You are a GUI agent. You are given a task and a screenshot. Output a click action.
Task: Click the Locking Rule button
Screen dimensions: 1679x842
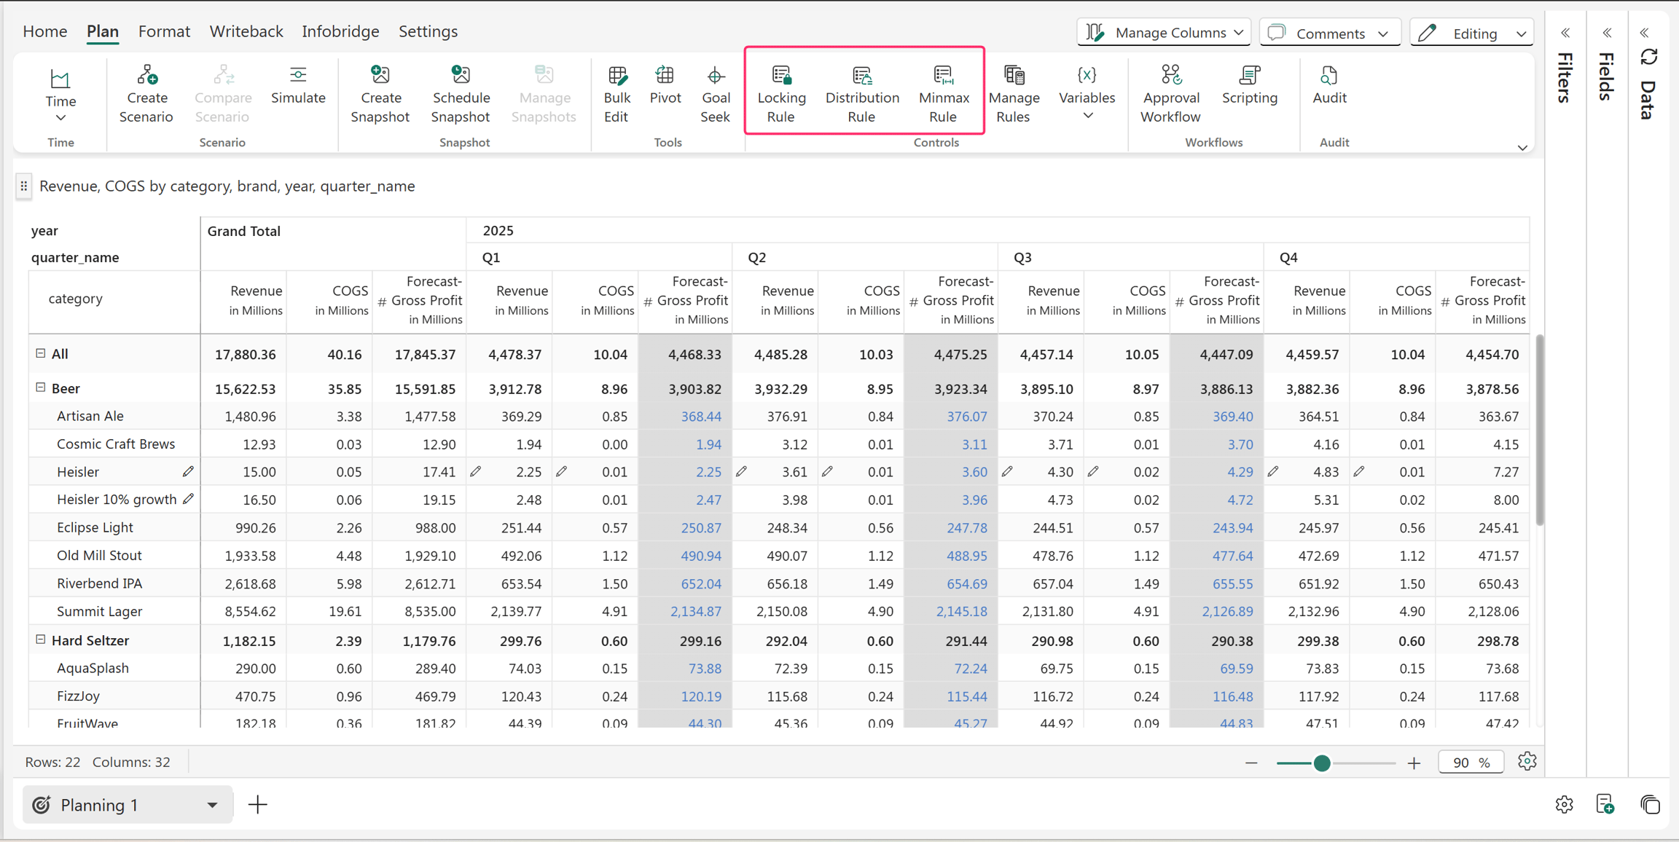(x=781, y=95)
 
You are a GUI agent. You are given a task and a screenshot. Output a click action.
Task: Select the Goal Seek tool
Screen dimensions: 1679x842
(x=715, y=95)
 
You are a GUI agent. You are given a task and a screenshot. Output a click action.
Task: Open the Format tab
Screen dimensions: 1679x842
(x=164, y=31)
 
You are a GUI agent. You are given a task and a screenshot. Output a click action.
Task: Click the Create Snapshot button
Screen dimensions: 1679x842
(x=380, y=95)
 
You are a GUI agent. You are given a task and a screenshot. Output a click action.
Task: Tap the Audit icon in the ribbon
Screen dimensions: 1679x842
(x=1329, y=86)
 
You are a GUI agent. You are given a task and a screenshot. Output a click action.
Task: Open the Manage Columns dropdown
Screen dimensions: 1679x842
(x=1164, y=33)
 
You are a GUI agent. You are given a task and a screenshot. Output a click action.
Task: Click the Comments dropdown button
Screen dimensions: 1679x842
(x=1329, y=33)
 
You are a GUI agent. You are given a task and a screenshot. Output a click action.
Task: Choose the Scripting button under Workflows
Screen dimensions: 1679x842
(x=1249, y=86)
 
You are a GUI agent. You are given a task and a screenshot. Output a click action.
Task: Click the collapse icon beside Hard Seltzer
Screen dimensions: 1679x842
(x=41, y=640)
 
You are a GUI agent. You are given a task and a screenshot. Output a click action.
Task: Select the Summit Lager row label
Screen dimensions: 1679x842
(x=99, y=611)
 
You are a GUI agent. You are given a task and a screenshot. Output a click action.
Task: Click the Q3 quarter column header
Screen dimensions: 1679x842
(x=1022, y=257)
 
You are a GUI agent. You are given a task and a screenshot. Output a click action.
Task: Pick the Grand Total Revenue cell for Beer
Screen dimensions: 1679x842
(x=245, y=389)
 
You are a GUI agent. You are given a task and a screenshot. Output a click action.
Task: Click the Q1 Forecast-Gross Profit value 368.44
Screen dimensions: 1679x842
(x=701, y=417)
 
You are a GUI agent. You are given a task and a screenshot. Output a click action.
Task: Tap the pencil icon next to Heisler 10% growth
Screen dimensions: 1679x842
(x=188, y=499)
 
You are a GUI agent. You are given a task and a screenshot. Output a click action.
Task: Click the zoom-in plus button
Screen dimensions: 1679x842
(x=1414, y=763)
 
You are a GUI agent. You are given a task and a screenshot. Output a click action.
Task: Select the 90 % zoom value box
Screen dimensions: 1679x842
(x=1471, y=763)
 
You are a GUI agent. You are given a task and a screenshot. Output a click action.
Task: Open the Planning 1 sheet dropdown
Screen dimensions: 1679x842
(x=212, y=805)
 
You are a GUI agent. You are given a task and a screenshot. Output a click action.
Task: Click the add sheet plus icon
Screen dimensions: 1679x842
(x=257, y=805)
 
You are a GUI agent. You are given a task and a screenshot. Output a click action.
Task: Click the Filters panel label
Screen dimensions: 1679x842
(x=1564, y=77)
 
